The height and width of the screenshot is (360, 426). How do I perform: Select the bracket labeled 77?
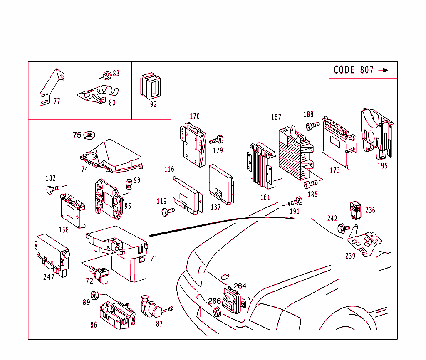click(50, 88)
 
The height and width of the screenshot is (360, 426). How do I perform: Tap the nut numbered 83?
click(106, 75)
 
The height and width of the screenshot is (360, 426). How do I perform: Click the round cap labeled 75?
click(89, 135)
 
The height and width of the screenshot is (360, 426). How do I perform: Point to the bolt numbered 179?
click(217, 140)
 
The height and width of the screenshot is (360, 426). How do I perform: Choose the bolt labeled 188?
click(312, 125)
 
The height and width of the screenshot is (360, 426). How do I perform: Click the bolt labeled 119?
click(168, 212)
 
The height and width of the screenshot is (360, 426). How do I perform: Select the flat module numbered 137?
click(221, 184)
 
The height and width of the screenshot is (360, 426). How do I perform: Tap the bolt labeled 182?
click(53, 190)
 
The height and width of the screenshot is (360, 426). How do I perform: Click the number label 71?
click(154, 259)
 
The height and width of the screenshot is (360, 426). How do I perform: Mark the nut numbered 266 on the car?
click(217, 311)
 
